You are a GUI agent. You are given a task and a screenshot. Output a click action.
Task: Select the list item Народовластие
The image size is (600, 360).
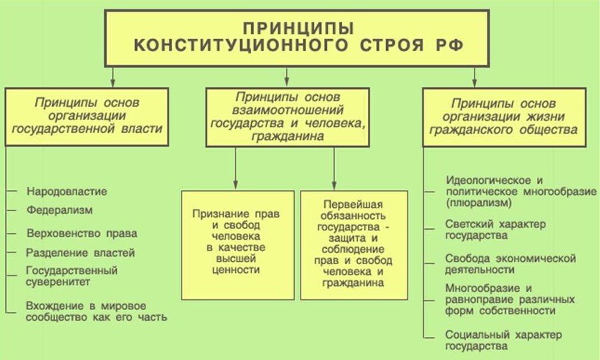[67, 192]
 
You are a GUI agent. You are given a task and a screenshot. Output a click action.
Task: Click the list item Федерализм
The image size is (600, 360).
[60, 210]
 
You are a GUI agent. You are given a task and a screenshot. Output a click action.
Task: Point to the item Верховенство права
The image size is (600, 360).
[82, 233]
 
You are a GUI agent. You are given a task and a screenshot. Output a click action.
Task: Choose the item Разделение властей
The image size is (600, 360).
[80, 252]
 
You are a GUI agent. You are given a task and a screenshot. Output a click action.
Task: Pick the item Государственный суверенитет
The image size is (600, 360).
[71, 276]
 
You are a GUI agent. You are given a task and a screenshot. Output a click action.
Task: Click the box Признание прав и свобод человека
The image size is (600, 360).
[237, 244]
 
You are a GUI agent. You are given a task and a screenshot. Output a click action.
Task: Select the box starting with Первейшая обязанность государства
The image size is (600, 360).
[354, 244]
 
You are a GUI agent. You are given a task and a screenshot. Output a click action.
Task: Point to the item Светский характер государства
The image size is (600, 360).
[495, 230]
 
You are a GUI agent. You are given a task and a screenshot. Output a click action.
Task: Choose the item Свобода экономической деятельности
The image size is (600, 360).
[510, 264]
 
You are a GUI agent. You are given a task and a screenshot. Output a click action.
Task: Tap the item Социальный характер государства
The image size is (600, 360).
[503, 340]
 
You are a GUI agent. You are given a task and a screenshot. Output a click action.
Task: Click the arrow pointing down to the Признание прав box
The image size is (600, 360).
[236, 179]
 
